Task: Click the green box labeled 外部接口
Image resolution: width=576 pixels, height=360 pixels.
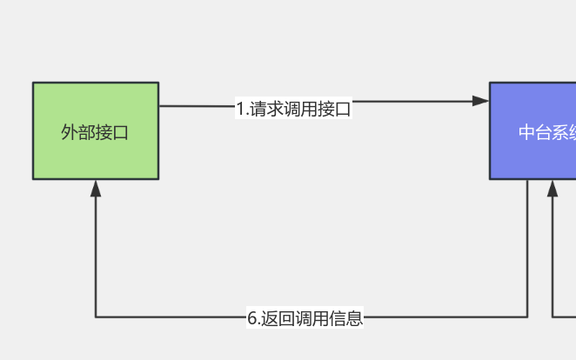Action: coord(96,130)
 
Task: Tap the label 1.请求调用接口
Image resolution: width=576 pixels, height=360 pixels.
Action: coord(293,109)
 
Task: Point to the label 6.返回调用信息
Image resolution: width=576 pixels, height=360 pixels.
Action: coord(305,318)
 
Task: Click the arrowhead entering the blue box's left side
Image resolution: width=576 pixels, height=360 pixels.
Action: coord(481,101)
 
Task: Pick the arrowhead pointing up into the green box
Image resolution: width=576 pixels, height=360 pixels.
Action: coord(96,188)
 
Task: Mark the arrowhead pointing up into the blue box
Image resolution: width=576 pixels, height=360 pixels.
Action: coord(553,188)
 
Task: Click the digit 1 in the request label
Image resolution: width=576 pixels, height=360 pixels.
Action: coord(240,109)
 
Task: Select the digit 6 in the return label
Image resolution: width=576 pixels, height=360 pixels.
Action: coord(251,318)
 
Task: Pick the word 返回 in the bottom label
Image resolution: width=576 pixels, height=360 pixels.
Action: coord(278,318)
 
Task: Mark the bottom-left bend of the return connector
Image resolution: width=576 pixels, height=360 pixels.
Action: coord(96,317)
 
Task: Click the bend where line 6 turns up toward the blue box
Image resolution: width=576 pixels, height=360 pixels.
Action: coord(527,317)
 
